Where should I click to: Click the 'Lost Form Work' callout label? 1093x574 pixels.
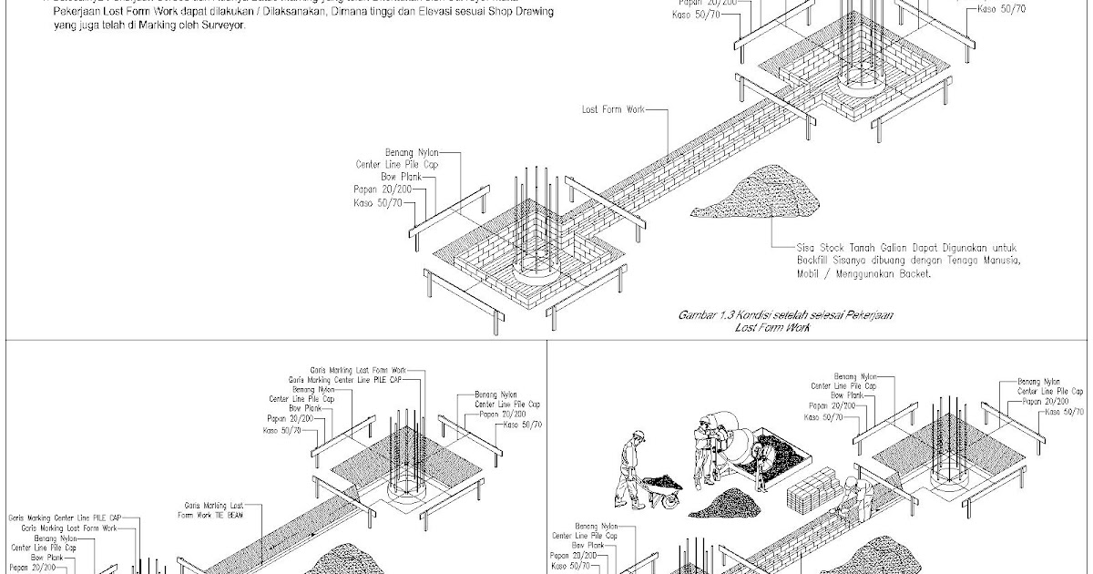tap(613, 109)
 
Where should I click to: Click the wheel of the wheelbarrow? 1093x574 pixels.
tap(669, 501)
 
